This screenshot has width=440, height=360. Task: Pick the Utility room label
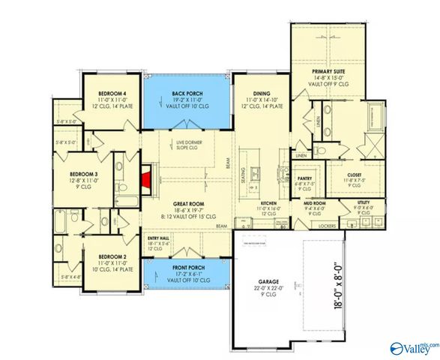click(364, 202)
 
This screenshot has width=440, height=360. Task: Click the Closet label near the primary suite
click(355, 175)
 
